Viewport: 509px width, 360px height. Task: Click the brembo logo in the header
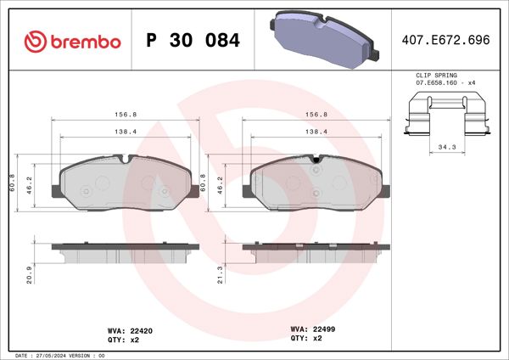(x=72, y=40)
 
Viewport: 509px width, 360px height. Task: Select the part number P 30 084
(x=193, y=40)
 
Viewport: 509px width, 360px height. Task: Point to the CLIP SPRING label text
(x=435, y=76)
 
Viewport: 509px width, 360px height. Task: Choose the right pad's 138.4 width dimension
(x=316, y=132)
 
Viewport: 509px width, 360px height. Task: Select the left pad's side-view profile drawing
(x=123, y=253)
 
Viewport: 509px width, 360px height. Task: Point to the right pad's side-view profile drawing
(x=316, y=253)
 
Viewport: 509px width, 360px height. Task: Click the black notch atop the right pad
(x=316, y=159)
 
